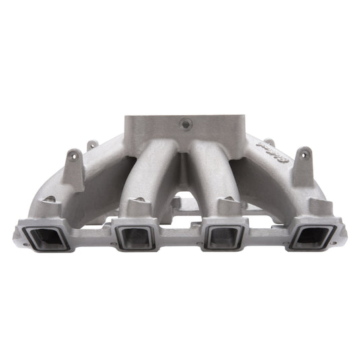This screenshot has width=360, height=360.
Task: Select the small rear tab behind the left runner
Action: (x=92, y=145)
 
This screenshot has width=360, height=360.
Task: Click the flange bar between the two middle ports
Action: (x=180, y=234)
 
